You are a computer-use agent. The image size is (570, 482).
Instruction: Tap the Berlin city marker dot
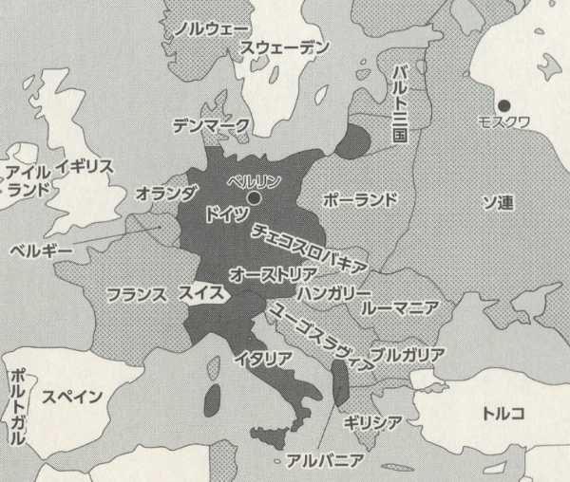255,196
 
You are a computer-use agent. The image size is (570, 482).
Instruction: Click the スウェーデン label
285,47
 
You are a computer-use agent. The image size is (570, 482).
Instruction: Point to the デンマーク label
211,124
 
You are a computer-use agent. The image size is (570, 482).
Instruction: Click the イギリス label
85,167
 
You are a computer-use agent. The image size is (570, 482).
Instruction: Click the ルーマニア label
399,307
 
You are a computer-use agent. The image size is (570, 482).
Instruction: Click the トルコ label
503,413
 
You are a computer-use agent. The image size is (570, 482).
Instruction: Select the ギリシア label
372,422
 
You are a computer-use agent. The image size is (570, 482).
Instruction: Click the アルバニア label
324,462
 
